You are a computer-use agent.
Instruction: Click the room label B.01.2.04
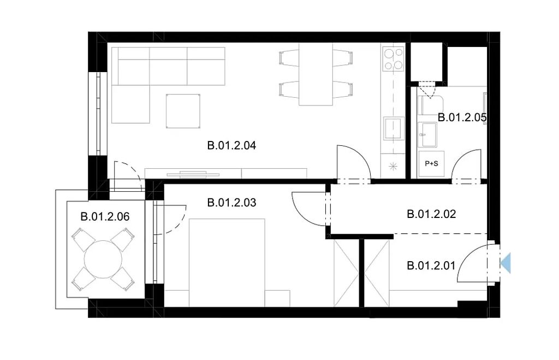point(231,145)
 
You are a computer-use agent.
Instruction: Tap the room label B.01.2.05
point(462,117)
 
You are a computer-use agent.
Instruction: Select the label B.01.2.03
point(231,203)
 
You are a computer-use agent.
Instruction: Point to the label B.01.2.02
point(431,214)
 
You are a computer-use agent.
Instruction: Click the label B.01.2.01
point(431,266)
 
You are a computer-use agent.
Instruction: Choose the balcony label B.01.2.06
point(105,216)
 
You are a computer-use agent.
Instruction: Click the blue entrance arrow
point(506,263)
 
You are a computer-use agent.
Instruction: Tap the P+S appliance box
point(431,164)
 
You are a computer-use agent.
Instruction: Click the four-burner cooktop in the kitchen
point(393,59)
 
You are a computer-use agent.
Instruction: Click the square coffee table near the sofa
point(183,111)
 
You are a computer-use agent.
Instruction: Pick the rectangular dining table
point(316,74)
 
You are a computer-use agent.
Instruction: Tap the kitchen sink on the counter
point(394,128)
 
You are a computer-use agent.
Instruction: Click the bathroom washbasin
point(427,134)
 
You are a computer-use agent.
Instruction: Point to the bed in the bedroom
point(227,263)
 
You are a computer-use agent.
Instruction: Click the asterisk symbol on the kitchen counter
point(393,166)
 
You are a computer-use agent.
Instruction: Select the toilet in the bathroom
point(430,105)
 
